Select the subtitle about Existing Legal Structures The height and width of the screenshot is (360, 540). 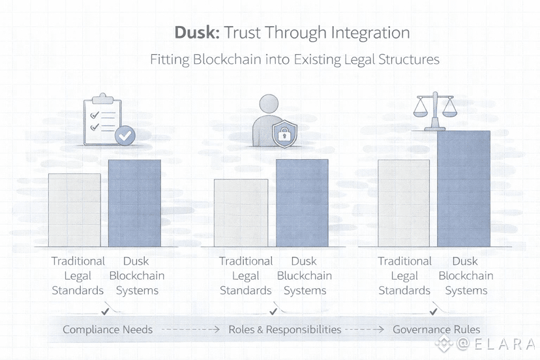[x=295, y=59]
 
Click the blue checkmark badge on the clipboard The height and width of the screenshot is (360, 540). [x=125, y=136]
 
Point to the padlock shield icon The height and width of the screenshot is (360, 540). [x=284, y=134]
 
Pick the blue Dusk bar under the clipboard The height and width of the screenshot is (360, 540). [x=134, y=203]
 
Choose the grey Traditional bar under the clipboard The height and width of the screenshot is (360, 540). [x=74, y=209]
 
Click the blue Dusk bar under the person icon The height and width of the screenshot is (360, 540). [x=302, y=203]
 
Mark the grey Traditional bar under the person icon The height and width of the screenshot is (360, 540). [x=241, y=213]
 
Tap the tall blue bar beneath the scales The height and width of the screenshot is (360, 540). [x=463, y=188]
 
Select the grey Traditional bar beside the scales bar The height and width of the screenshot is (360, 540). [x=404, y=203]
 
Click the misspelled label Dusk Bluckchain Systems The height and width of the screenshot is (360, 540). [x=304, y=276]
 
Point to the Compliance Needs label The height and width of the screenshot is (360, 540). [x=108, y=330]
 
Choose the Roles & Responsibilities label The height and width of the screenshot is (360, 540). [x=285, y=330]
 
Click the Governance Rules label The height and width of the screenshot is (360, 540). [x=436, y=330]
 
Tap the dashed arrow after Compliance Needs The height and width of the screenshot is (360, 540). [x=190, y=330]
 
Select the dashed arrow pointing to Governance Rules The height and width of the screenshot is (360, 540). [x=366, y=330]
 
